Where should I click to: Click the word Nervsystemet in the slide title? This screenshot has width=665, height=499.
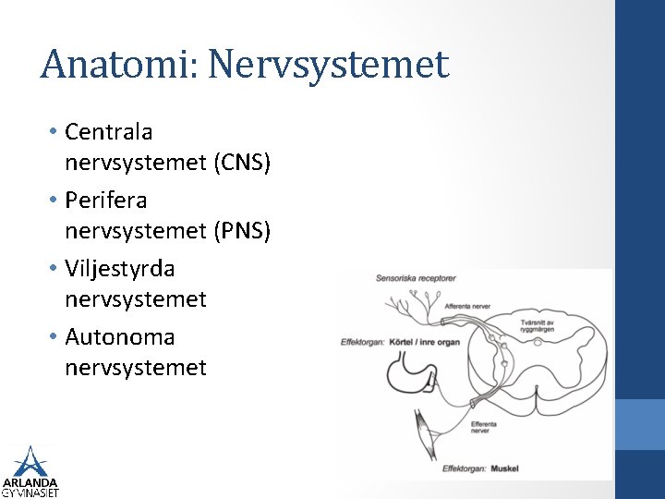329,65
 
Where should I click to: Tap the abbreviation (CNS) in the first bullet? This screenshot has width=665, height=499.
242,164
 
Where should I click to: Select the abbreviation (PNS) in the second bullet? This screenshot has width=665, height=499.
242,232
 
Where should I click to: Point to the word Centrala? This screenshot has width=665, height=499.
109,132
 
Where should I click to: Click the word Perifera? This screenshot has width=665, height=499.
106,201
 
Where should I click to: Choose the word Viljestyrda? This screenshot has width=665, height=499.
120,269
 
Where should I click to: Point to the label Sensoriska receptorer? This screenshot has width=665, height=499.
416,278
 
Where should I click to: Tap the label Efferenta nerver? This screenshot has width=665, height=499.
483,427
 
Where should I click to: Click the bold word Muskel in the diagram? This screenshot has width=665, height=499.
504,469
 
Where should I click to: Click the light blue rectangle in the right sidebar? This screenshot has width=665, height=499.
640,424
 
